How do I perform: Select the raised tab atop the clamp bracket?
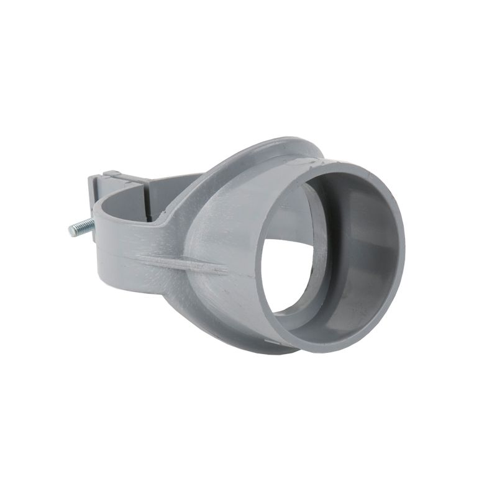pos(112,176)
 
